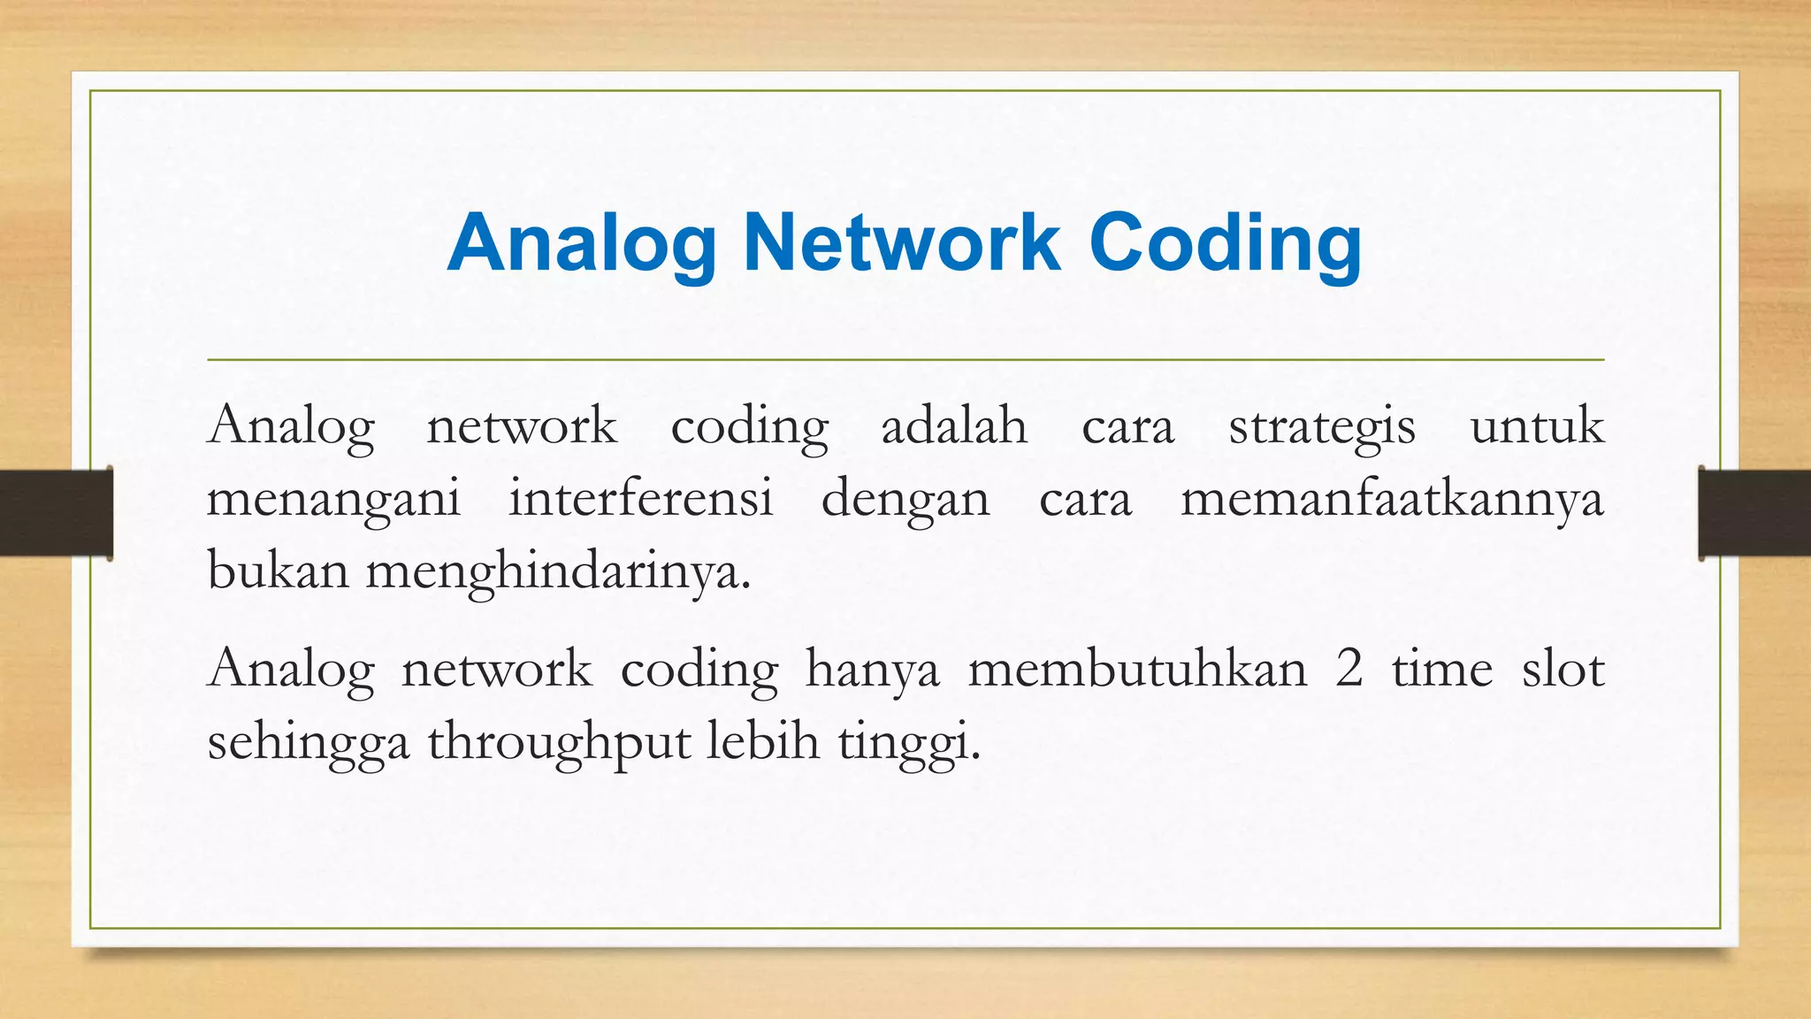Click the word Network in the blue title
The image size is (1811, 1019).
(901, 242)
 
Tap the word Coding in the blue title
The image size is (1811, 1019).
(1226, 244)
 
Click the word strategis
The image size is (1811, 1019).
(1322, 427)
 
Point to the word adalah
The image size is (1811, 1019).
(954, 425)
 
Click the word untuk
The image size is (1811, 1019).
(1536, 425)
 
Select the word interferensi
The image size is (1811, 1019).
(640, 498)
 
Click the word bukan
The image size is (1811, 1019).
(278, 571)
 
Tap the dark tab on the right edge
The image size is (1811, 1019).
(1754, 513)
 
